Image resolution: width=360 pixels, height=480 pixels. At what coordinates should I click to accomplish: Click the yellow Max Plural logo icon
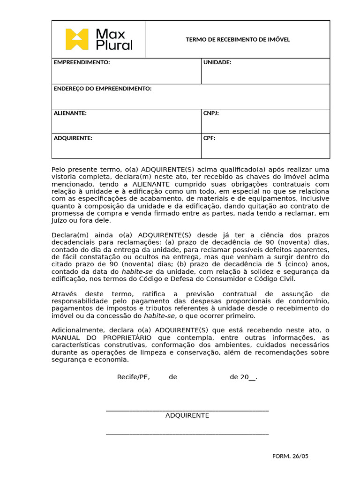click(77, 39)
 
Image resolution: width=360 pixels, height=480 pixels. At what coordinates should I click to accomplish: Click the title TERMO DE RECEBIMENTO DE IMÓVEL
click(238, 39)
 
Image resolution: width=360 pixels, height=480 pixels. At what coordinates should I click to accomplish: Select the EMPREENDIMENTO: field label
click(82, 62)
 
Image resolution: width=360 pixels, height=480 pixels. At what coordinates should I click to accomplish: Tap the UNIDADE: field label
click(217, 62)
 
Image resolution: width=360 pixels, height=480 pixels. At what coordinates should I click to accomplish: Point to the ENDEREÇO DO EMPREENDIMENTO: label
click(103, 89)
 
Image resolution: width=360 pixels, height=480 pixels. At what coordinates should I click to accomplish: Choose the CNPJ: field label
click(211, 113)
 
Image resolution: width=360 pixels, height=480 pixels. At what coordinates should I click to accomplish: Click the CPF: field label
click(209, 138)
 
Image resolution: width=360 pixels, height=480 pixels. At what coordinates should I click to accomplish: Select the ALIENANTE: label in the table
click(70, 113)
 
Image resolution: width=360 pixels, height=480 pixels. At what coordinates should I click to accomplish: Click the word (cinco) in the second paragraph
click(299, 264)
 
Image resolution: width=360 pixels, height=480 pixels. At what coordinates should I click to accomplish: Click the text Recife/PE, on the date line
click(133, 377)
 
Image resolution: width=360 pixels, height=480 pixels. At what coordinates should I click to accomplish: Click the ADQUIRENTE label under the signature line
click(187, 416)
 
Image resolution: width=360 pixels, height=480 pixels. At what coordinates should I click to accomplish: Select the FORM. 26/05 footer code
click(290, 457)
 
